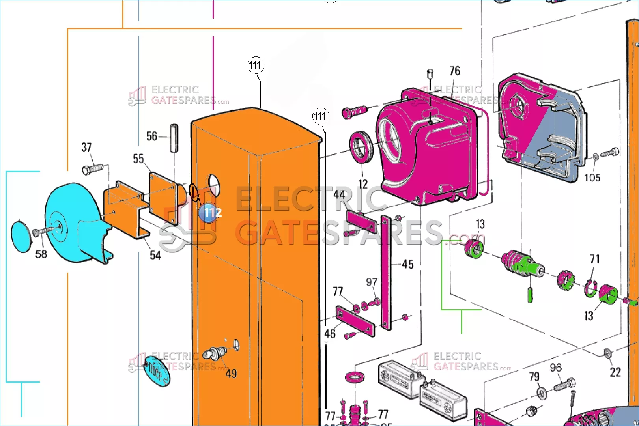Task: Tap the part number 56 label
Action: point(152,136)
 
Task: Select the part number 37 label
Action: point(86,148)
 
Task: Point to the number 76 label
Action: point(454,71)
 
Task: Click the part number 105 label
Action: point(592,178)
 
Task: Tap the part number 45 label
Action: point(407,264)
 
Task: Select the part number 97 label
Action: point(372,282)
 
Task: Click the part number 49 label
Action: point(231,374)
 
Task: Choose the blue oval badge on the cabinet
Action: point(157,371)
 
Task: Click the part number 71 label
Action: point(594,259)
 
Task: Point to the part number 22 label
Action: point(615,372)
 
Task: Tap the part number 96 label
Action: point(555,368)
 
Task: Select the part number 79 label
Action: point(534,377)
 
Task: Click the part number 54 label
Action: point(155,256)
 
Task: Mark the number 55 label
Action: point(138,159)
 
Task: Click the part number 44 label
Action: point(339,194)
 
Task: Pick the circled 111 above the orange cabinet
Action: point(256,65)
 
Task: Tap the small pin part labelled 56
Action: point(174,138)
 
